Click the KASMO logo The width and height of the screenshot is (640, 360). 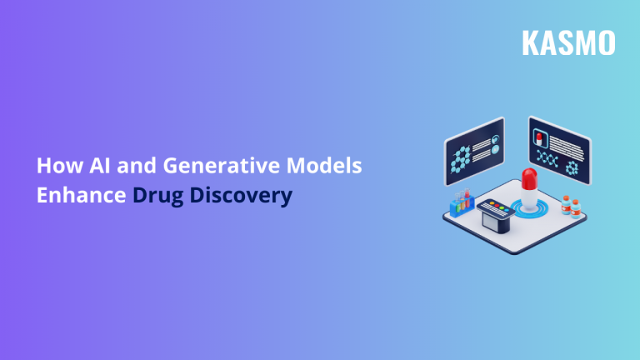tap(568, 42)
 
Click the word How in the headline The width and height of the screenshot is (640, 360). tap(54, 165)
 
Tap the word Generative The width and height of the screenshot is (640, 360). tap(207, 165)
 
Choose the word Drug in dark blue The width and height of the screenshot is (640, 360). tap(159, 197)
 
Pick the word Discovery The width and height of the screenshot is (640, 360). tap(242, 197)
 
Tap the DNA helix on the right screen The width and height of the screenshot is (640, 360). tap(548, 157)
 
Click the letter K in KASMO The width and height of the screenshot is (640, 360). tap(530, 42)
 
